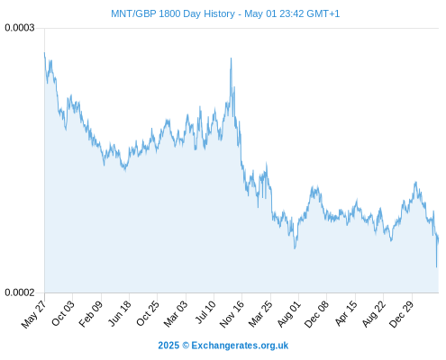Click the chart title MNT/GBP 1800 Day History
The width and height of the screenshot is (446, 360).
point(173,13)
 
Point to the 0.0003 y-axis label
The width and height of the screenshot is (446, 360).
point(20,28)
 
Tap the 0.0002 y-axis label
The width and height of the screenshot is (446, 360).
point(20,292)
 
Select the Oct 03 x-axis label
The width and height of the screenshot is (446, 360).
point(62,313)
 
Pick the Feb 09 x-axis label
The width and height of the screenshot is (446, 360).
point(91,313)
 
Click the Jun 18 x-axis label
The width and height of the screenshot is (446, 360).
point(120,313)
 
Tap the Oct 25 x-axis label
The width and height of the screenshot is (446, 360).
point(148,313)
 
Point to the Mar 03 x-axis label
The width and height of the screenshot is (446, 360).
point(176,313)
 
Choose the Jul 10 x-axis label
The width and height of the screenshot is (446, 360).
point(205,312)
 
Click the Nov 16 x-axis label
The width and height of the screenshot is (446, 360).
point(232,314)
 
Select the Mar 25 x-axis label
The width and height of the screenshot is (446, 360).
point(260,313)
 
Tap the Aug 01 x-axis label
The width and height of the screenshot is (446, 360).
point(288,313)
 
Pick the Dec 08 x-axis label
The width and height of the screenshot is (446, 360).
point(316,314)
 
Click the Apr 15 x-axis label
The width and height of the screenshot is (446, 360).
point(346,313)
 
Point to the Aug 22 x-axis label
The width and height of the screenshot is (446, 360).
point(373,314)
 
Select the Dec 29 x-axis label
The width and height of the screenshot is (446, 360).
point(401,314)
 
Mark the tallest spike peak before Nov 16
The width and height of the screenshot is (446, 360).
point(231,58)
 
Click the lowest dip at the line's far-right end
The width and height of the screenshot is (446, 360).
point(436,266)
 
